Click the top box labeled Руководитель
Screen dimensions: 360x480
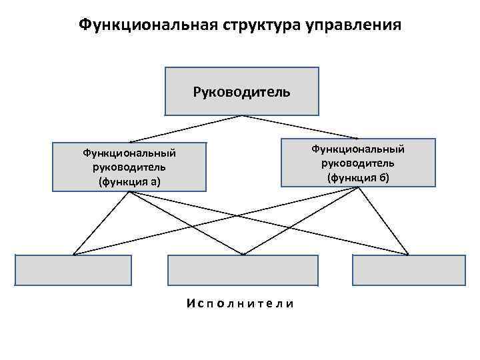click(x=241, y=91)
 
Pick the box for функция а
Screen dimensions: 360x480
click(x=129, y=167)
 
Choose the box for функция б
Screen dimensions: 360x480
click(x=357, y=162)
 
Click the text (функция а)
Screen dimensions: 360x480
click(x=129, y=181)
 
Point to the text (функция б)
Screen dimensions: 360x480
click(x=357, y=177)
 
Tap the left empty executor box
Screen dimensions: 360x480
click(x=73, y=271)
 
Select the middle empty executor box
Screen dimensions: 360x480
click(x=243, y=271)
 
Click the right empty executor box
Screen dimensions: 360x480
click(x=408, y=271)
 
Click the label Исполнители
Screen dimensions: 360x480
click(x=241, y=304)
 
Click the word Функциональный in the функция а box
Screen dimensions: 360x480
click(x=129, y=153)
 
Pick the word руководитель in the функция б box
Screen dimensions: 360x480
click(x=357, y=163)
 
